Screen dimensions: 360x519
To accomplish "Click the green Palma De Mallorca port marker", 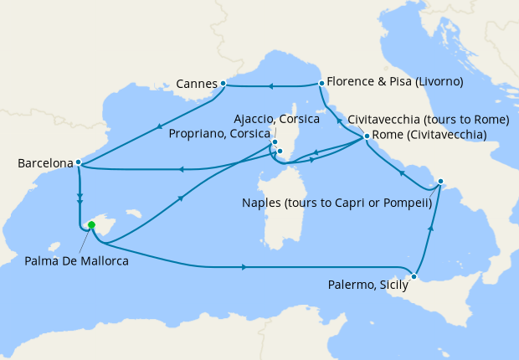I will coord(91,224).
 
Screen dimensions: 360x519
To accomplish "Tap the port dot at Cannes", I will coord(223,84).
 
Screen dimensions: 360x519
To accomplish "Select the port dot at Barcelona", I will coord(78,162).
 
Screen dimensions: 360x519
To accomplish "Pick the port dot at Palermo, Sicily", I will coord(414,275).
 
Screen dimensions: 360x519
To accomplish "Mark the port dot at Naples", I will coord(441,180).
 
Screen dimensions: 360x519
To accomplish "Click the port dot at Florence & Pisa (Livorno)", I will coord(321,83).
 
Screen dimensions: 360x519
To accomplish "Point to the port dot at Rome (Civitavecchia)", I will coord(367,136).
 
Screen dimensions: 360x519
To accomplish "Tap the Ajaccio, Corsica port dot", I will coord(275,142).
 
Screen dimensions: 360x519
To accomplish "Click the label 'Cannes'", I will coord(197,84).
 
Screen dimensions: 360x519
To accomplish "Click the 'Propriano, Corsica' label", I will coord(219,133).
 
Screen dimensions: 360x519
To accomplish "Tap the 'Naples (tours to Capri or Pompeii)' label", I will coord(336,203).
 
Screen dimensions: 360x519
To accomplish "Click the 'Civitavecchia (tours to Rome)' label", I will coord(428,119).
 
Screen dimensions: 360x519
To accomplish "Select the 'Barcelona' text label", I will coord(44,163).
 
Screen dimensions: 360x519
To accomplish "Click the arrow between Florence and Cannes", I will coord(270,85).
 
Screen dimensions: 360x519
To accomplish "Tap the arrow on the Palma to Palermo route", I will coord(244,267).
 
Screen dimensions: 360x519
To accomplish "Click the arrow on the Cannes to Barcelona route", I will coord(159,126).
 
